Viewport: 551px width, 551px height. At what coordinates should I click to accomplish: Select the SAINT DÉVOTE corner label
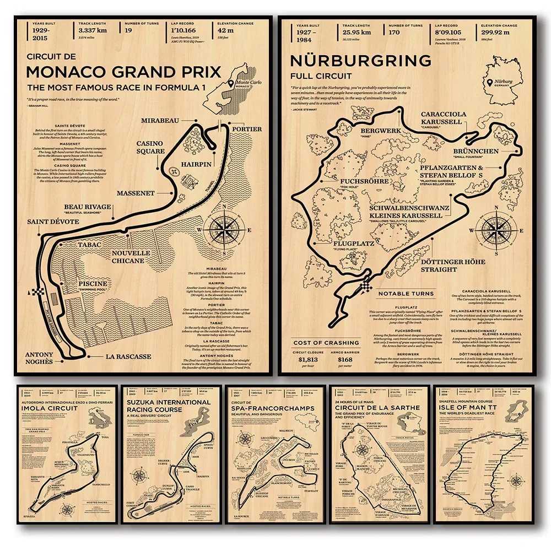(x=53, y=222)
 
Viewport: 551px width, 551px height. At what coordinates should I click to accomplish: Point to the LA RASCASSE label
(x=128, y=356)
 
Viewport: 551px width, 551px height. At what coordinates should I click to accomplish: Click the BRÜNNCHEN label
(x=476, y=151)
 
